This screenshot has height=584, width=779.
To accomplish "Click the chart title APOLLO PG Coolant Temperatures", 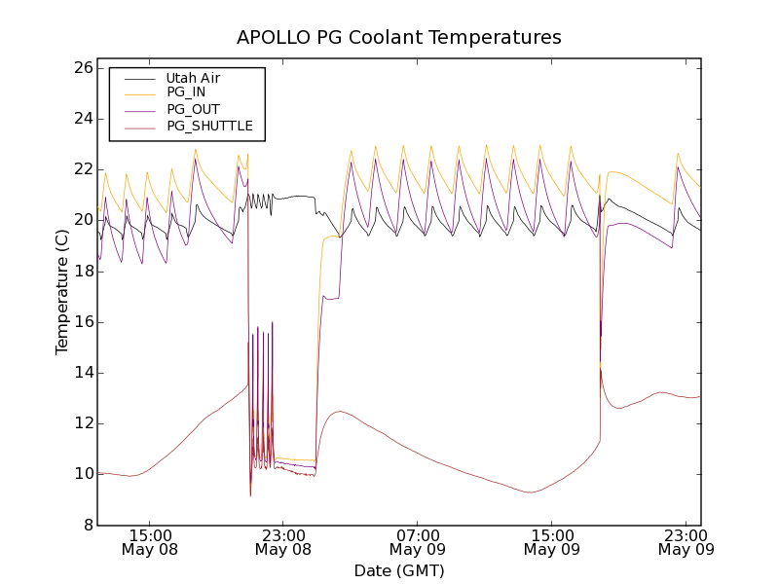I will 399,37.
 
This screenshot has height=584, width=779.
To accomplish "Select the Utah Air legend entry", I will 192,78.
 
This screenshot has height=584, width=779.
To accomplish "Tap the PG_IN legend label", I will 186,92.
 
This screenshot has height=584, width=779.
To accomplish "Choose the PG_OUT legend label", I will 193,109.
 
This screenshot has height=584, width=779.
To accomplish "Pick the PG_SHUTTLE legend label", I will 209,126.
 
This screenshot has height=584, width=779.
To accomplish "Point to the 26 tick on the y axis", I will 82,68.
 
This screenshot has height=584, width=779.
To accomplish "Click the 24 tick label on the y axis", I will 82,119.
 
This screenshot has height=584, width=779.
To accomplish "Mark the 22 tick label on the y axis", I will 82,169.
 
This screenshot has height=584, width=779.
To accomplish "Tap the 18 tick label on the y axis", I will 82,272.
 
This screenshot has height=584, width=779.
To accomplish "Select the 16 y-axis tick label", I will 82,322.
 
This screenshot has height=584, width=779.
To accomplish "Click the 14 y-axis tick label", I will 82,373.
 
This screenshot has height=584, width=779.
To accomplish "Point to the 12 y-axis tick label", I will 82,423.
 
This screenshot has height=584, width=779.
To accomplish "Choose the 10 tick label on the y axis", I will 82,474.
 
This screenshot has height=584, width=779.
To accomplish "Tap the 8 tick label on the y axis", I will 87,525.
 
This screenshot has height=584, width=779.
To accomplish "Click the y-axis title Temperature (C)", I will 62,292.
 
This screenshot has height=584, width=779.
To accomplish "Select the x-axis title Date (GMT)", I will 399,570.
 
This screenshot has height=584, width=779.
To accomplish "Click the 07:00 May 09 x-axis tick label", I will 418,542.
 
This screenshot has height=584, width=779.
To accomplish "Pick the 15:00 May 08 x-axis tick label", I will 149,542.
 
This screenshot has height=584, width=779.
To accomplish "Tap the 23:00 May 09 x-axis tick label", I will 686,542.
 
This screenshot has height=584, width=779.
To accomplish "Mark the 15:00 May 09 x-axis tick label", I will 551,542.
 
